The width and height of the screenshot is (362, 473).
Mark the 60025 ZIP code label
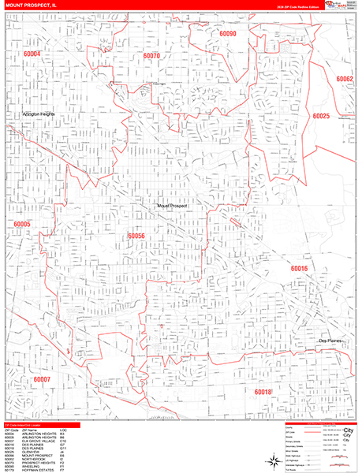click(320, 116)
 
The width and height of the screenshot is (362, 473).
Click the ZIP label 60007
click(42, 379)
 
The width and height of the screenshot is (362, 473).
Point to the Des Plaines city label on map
click(334, 340)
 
